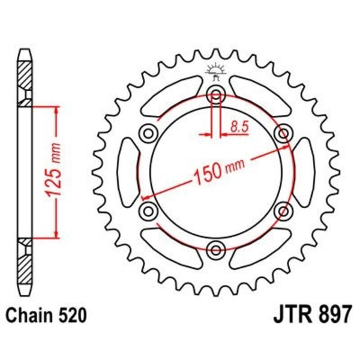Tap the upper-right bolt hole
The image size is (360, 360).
click(283, 133)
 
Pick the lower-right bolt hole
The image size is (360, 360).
click(283, 209)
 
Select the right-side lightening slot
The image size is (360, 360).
click(304, 171)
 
